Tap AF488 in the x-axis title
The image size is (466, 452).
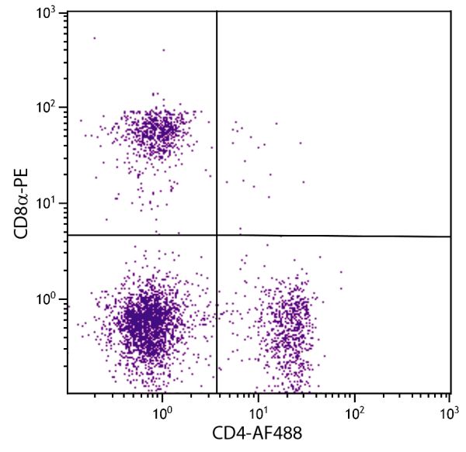[268, 435]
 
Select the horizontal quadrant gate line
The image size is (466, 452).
[334, 236]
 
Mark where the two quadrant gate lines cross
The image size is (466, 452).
[217, 235]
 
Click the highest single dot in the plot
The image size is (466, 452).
[95, 37]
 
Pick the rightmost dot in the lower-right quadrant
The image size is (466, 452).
[341, 271]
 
